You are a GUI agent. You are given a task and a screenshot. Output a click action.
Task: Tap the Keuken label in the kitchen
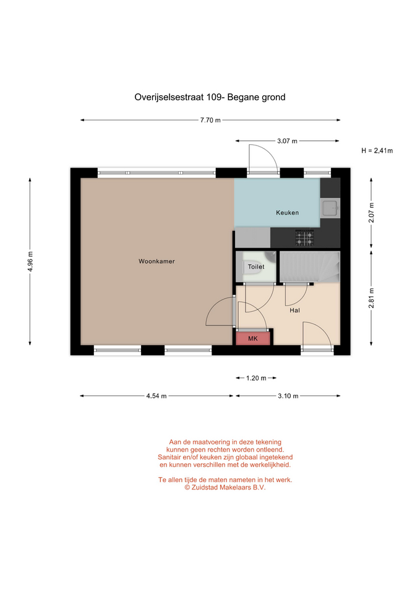coord(287,213)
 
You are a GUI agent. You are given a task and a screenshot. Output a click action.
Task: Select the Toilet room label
coord(256,267)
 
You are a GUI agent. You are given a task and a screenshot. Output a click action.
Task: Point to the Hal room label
coord(294,310)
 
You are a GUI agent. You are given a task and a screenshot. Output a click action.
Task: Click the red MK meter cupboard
coord(253,338)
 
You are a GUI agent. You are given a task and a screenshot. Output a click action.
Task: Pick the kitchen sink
coord(330,208)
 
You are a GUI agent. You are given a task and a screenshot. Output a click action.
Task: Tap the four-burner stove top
coord(304,238)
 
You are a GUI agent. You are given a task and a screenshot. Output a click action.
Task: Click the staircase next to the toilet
coord(309,267)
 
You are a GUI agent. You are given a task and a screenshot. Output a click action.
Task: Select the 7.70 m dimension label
coord(210,121)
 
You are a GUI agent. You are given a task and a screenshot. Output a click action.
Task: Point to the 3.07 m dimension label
coord(287,141)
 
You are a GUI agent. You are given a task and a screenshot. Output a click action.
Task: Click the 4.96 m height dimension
coord(30,261)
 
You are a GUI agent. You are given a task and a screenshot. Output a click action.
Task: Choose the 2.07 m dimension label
coord(372,213)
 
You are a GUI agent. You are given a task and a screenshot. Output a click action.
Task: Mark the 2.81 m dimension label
coord(372,298)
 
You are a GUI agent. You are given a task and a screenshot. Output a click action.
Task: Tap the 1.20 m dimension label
coord(256,378)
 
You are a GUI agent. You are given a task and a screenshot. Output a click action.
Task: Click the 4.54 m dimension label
coord(156,396)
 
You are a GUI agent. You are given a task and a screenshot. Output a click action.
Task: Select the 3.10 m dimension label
coord(288,396)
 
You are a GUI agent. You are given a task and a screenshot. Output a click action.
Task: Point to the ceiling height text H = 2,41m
coord(377,151)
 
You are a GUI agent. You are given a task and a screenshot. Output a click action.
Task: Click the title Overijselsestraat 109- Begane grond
coord(210,97)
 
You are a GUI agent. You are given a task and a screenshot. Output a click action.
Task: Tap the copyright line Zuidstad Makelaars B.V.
coord(225,488)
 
